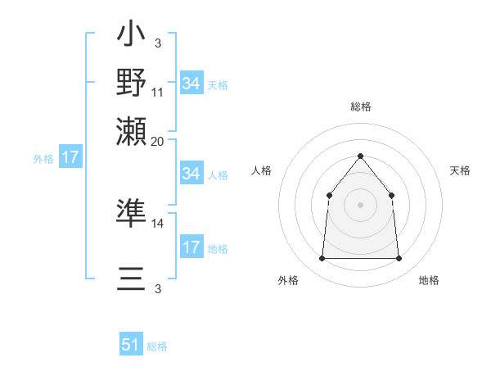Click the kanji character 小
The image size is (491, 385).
coord(131,36)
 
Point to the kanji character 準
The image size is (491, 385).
coord(131,212)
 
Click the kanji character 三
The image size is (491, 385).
coord(131,279)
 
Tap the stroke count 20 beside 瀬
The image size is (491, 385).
coord(158,140)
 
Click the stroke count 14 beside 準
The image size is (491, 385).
coord(158,223)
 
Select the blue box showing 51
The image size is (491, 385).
coord(131,346)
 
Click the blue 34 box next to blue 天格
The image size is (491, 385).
coord(191,84)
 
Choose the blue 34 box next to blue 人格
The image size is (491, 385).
coord(191,174)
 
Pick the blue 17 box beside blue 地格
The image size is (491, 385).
coord(191,247)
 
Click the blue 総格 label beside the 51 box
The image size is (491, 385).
coord(157,346)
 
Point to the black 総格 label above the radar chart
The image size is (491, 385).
coord(360,106)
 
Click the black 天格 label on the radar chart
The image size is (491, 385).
coord(460,170)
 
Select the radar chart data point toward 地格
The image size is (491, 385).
coord(399,259)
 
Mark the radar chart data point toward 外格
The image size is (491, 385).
coord(322,259)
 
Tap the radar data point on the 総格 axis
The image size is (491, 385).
coord(360,156)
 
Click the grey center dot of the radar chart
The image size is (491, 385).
coord(360,205)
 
